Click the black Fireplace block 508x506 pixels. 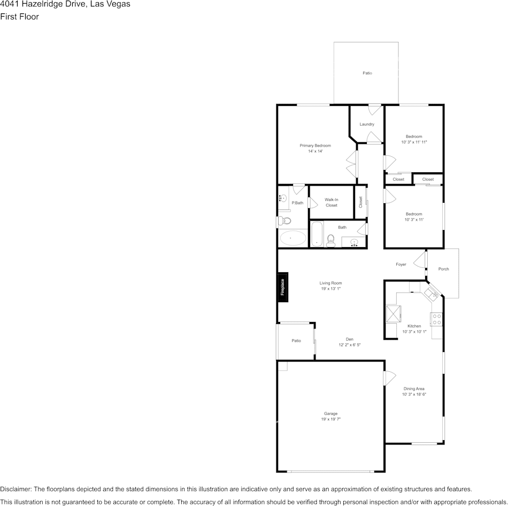[x=282, y=287]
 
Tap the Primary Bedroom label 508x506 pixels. [x=315, y=145]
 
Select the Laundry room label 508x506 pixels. [x=367, y=124]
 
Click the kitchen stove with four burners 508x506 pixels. [x=436, y=319]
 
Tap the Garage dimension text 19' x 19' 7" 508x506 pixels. [x=330, y=419]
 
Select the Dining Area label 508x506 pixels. [x=414, y=389]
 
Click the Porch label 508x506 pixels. [x=443, y=269]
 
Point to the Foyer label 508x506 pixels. [x=401, y=265]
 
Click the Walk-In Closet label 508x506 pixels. [x=332, y=203]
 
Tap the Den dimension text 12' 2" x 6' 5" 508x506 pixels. [x=350, y=345]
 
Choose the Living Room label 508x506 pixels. [x=330, y=283]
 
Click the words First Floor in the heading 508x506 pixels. [x=19, y=17]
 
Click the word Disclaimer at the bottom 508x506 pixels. [x=15, y=489]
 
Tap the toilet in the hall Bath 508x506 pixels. [x=330, y=241]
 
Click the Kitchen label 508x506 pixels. [x=414, y=326]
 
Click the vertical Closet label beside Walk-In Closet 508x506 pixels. [x=360, y=202]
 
